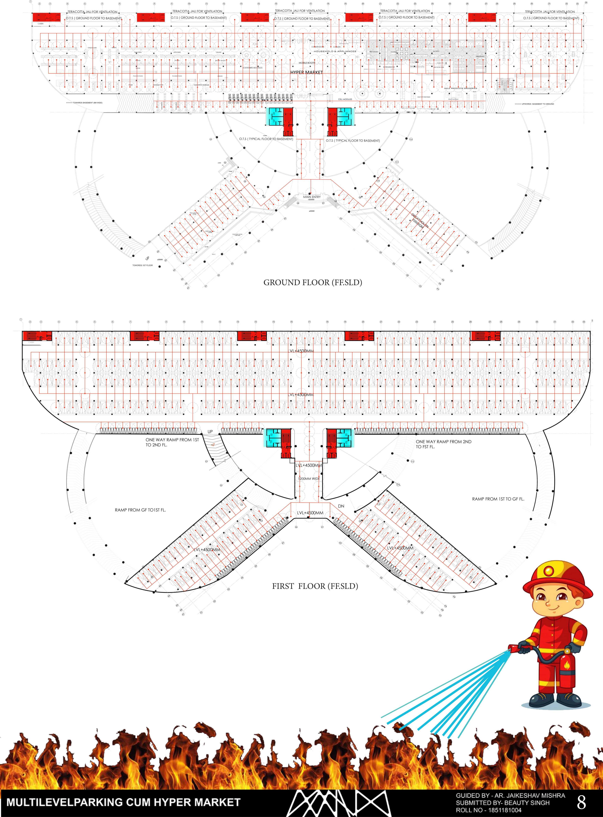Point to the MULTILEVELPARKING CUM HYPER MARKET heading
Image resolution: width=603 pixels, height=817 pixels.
(123, 802)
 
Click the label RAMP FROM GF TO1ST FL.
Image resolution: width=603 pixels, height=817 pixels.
(140, 510)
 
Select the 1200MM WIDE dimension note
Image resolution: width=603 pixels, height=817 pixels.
(309, 479)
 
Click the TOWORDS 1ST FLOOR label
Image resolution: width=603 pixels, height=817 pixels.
(142, 265)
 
